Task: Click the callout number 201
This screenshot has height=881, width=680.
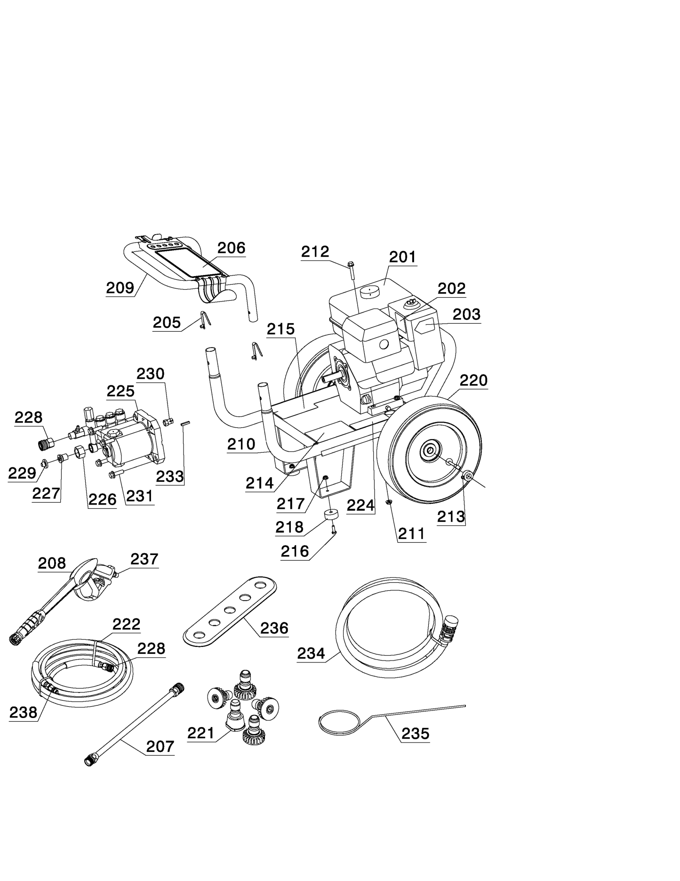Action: click(x=402, y=257)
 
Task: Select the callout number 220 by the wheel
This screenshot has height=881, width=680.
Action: click(x=473, y=380)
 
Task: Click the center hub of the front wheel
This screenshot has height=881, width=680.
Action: click(x=430, y=451)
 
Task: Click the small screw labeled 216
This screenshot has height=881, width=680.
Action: click(x=334, y=530)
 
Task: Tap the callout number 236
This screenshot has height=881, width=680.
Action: click(x=274, y=628)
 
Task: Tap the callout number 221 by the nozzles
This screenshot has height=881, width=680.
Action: click(x=200, y=733)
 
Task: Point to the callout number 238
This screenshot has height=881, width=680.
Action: click(x=23, y=712)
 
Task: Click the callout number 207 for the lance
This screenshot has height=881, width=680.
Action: click(x=160, y=746)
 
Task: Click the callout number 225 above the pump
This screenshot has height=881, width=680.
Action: click(x=120, y=391)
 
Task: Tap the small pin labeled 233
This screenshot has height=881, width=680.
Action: click(x=184, y=423)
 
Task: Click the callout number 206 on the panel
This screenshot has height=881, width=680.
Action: click(x=231, y=248)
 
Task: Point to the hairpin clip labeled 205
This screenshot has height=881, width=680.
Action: click(x=204, y=319)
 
